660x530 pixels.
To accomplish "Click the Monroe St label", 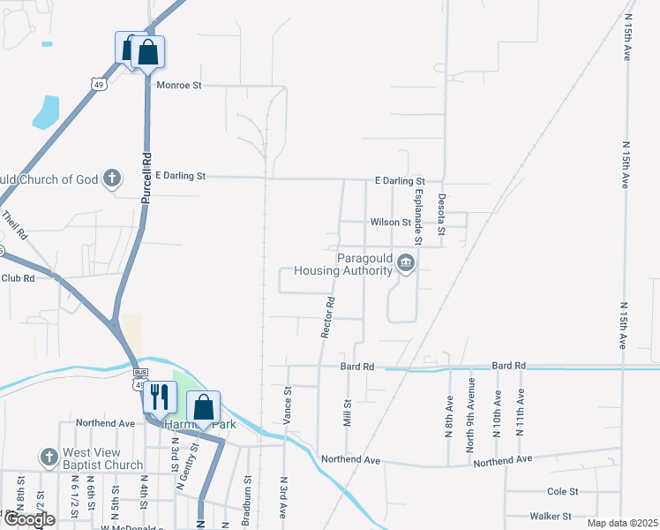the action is click(x=179, y=86).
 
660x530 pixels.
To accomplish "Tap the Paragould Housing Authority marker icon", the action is click(x=405, y=262).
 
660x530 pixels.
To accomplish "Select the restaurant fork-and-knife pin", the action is click(x=159, y=397).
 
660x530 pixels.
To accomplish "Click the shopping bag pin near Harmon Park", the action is click(x=203, y=407).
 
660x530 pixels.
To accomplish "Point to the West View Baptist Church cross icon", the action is click(x=49, y=458).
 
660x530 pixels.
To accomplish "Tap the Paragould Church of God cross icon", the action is click(x=111, y=179).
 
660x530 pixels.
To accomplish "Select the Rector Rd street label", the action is click(x=327, y=315).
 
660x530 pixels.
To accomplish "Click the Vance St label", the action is click(x=288, y=405).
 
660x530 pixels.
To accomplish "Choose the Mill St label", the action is click(x=347, y=412).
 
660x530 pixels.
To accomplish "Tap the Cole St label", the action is click(x=562, y=491).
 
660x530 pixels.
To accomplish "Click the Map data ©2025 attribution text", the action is click(x=622, y=523).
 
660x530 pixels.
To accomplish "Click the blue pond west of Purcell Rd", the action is click(x=45, y=111).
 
